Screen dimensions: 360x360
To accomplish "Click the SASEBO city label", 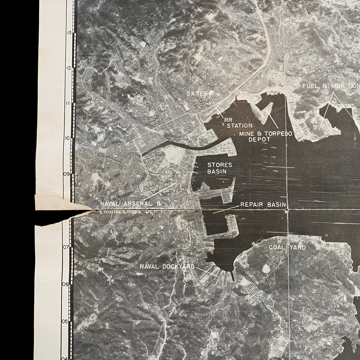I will pos(200,94).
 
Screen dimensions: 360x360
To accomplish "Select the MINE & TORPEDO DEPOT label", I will pos(265,136).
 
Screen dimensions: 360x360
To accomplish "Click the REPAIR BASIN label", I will pos(263,205).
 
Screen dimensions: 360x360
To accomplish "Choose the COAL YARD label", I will pos(287,247).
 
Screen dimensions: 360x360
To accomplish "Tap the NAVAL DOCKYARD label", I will pos(167,267).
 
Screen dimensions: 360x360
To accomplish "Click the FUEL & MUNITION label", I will pos(330,86).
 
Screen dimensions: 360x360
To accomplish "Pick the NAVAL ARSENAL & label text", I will pos(130,204).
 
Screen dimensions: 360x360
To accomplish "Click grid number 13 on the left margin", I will pos(69,32).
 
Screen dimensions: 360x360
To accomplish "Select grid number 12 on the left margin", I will pos(69,68).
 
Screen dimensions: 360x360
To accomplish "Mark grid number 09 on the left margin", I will pos(67,174).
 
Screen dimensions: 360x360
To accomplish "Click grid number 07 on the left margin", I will pos(66,247).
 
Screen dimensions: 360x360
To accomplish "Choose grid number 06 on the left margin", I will pos(65,284).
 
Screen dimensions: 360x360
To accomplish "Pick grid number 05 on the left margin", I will pos(65,321).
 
